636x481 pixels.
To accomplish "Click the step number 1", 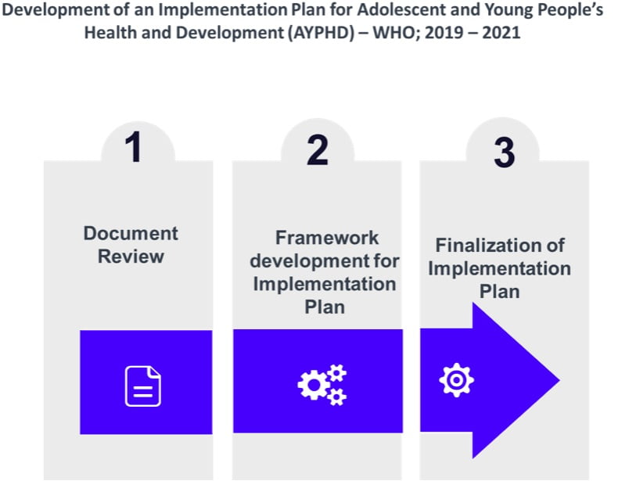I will [135, 148].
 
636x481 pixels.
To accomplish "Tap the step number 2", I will [318, 149].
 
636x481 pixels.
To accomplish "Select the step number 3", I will [505, 153].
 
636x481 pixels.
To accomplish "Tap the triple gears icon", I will [322, 384].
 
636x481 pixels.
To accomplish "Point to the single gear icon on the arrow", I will [457, 379].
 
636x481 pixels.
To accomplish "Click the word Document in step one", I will [131, 233].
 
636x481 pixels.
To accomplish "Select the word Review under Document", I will [131, 257].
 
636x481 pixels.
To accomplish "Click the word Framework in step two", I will [326, 238].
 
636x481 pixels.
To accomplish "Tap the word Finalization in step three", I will [500, 245].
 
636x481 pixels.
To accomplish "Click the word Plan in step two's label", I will [325, 306].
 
